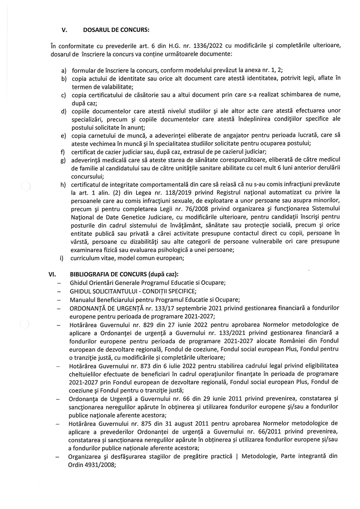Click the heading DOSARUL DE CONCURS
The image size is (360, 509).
point(116,30)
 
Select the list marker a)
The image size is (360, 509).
point(63,70)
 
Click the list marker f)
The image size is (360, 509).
point(63,151)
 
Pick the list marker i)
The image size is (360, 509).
point(62,258)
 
